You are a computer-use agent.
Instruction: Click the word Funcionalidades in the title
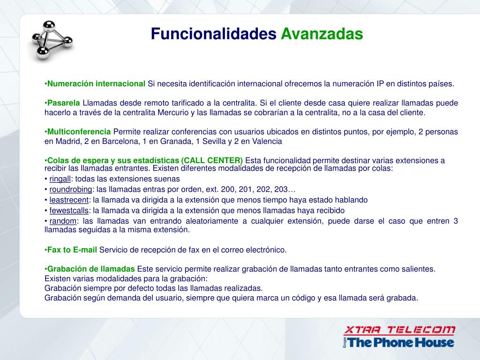[x=213, y=34]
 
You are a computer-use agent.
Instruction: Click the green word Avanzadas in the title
[x=322, y=34]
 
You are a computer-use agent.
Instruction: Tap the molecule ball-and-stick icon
[x=52, y=40]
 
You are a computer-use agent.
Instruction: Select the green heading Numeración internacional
[x=96, y=83]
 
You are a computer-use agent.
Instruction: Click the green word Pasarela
[x=63, y=103]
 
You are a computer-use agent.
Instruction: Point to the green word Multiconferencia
[x=79, y=132]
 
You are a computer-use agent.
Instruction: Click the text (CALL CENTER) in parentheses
[x=212, y=160]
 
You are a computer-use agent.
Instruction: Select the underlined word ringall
[x=60, y=179]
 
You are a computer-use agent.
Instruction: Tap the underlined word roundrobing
[x=71, y=189]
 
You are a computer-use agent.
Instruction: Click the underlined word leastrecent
[x=69, y=200]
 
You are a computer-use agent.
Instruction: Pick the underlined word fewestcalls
[x=69, y=210]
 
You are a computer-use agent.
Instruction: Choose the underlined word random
[x=63, y=221]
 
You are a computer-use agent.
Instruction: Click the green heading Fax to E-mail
[x=72, y=250]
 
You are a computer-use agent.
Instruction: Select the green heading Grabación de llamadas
[x=91, y=269]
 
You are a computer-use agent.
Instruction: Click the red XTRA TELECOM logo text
[x=399, y=330]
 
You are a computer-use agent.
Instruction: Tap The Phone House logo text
[x=400, y=342]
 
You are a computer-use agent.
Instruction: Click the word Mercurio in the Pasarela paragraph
[x=173, y=112]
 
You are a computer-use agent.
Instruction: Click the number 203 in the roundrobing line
[x=281, y=189]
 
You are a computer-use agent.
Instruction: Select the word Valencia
[x=267, y=141]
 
